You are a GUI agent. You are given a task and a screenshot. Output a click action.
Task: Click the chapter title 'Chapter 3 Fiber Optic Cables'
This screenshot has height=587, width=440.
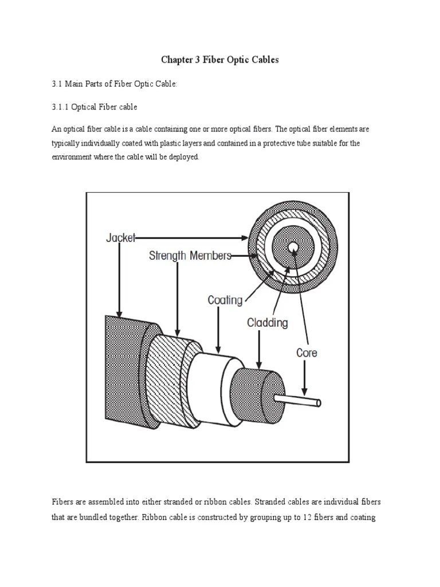219,60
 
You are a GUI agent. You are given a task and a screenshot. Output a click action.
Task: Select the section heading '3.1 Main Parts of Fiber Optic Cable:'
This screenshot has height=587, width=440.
115,84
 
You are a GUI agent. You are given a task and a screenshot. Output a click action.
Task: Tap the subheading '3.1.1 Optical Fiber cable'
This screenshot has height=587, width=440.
95,107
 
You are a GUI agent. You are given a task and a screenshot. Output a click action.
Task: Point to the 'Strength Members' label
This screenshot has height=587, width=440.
190,256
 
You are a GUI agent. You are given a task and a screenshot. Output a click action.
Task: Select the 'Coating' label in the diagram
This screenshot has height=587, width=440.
225,299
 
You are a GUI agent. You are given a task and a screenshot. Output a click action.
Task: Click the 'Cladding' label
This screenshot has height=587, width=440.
267,323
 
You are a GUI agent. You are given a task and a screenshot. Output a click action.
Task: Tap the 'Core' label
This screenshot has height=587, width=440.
307,353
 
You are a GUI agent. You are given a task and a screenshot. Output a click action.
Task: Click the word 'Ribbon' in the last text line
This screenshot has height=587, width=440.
156,518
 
